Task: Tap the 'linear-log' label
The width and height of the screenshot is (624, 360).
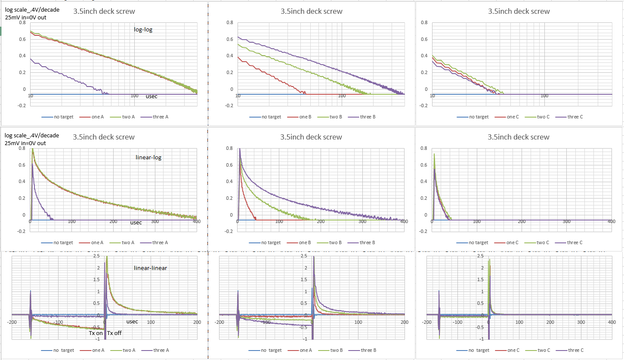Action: coord(148,158)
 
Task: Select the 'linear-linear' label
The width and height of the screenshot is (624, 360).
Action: coord(150,268)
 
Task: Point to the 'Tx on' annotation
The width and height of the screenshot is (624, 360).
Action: coord(96,333)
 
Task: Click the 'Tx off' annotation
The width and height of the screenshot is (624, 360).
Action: coord(114,333)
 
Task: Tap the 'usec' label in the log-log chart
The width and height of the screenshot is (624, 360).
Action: coord(151,96)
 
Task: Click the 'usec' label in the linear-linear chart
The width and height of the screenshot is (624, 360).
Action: coord(132,321)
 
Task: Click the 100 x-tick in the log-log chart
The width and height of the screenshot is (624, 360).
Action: coord(134,96)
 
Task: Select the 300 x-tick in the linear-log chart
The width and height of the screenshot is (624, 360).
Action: coord(154,221)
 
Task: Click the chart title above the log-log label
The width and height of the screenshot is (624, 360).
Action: coord(104,11)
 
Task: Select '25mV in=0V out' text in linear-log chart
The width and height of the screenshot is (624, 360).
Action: coord(25,143)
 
